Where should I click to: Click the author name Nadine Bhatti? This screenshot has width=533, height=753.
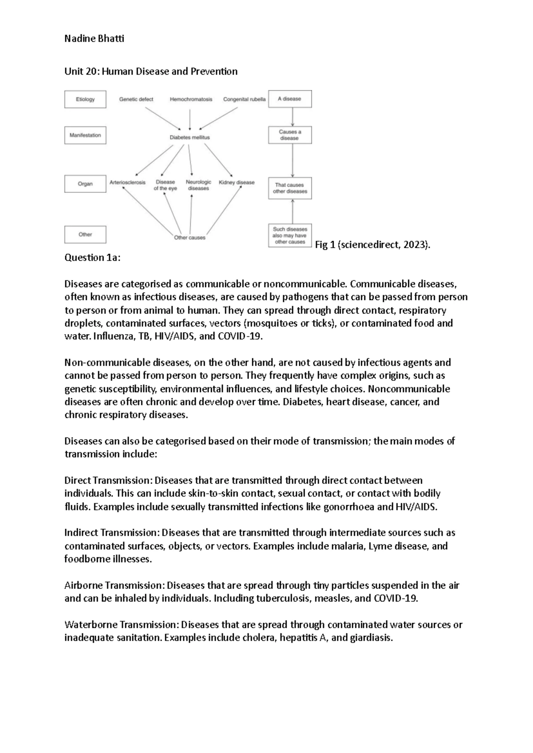pyautogui.click(x=94, y=39)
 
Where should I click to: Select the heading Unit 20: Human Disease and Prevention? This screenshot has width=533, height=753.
pyautogui.click(x=151, y=71)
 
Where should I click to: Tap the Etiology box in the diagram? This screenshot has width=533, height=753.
pyautogui.click(x=85, y=99)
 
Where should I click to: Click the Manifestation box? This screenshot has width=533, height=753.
pyautogui.click(x=85, y=135)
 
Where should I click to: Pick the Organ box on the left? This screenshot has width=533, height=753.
pyautogui.click(x=85, y=184)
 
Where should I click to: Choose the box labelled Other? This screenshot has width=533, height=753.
pyautogui.click(x=85, y=234)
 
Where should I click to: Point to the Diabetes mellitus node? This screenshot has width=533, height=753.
pyautogui.click(x=190, y=138)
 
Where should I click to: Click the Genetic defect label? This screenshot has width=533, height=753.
pyautogui.click(x=136, y=99)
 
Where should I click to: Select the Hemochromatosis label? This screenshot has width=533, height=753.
pyautogui.click(x=191, y=99)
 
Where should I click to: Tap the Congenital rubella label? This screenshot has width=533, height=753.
pyautogui.click(x=244, y=99)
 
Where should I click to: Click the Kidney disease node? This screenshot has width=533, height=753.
pyautogui.click(x=237, y=182)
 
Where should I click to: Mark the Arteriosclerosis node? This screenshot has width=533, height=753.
pyautogui.click(x=127, y=182)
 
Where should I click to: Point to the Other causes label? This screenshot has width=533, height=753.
pyautogui.click(x=190, y=238)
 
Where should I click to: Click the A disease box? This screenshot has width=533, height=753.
pyautogui.click(x=290, y=99)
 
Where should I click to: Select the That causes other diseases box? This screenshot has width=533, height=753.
pyautogui.click(x=290, y=188)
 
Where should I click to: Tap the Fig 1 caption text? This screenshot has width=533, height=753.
pyautogui.click(x=373, y=245)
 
